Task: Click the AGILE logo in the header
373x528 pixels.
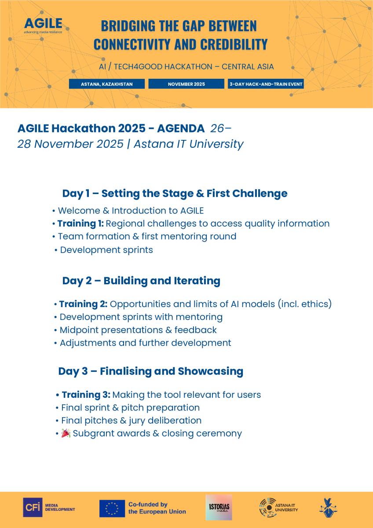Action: point(43,25)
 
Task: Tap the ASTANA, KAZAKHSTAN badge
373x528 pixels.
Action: point(106,84)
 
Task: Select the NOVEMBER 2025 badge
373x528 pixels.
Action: point(186,84)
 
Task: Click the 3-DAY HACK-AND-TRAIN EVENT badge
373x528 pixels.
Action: point(266,84)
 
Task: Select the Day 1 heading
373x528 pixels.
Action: point(175,193)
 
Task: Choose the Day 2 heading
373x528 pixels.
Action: point(141,281)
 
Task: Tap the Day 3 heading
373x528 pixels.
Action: point(150,371)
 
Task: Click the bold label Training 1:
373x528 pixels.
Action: point(80,224)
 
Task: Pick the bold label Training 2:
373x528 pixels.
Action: point(84,304)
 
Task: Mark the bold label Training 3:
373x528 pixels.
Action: point(86,395)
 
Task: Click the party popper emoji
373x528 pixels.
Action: point(66,433)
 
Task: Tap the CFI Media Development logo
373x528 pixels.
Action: point(49,508)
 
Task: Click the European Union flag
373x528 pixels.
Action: point(112,508)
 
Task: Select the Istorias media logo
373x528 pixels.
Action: point(219,508)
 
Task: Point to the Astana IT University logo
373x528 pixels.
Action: point(278,508)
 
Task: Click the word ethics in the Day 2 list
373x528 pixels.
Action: point(314,304)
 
